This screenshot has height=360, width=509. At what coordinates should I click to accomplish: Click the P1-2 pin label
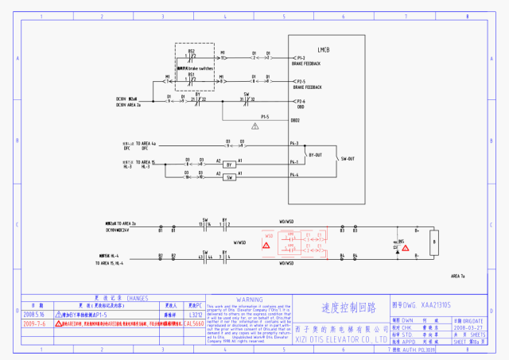point(301,58)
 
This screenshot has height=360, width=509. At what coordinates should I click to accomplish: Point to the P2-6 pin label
point(301,101)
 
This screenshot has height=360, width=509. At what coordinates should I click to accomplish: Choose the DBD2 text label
point(295,120)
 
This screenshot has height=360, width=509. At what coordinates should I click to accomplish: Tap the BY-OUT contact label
point(316,155)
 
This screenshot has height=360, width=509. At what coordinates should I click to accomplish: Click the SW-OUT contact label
point(348,159)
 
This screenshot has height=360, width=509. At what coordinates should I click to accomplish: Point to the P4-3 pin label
point(293,144)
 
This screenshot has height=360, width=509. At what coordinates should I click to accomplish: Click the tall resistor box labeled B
point(433,239)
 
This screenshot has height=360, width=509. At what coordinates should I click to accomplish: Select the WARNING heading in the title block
point(250,300)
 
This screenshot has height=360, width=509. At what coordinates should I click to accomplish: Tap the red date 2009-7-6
point(35,324)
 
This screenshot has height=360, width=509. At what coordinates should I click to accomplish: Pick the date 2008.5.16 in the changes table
point(35,315)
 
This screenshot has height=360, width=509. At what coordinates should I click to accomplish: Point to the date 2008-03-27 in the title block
point(467,326)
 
